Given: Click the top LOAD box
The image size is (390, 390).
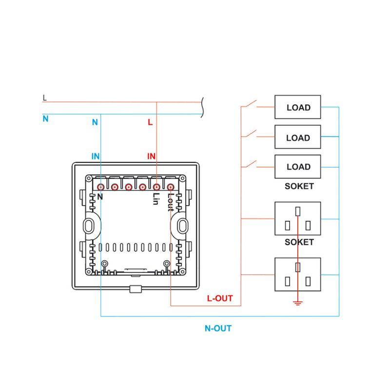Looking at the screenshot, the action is pos(297,107).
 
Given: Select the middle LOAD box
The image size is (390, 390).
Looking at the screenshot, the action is pos(297,137).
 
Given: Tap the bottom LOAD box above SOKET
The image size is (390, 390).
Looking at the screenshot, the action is pos(297,167).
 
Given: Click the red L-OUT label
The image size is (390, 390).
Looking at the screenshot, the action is pos(220,298).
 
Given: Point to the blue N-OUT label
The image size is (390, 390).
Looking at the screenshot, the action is pos(218,328).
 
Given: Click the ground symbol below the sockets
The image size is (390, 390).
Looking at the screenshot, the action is pos(298,303).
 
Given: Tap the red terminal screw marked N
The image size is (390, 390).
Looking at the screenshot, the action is pos(100,187).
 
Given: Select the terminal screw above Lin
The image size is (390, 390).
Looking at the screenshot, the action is pos(156,187).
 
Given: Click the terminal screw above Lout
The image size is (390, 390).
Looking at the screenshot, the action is pos(170,187).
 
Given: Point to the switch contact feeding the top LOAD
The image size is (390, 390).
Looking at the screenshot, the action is pos(251,103).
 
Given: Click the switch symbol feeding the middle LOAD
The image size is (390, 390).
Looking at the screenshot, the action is pos(251,133).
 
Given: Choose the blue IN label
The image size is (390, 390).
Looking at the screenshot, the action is pos(96,156).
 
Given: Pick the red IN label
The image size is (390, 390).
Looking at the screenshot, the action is pos(151,156).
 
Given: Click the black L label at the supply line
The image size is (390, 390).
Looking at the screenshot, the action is pos(45,98).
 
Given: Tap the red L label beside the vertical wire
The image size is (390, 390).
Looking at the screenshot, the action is pos(150,122).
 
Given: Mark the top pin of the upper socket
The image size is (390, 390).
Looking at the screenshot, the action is pos(298,212).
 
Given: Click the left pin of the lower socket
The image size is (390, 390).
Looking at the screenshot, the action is pos(288,281).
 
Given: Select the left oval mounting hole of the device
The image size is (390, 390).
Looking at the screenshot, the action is pos(88,226).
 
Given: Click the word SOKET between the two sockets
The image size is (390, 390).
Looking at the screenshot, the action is pos(299,242).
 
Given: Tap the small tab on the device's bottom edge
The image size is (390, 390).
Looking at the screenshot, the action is pos(136,289).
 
